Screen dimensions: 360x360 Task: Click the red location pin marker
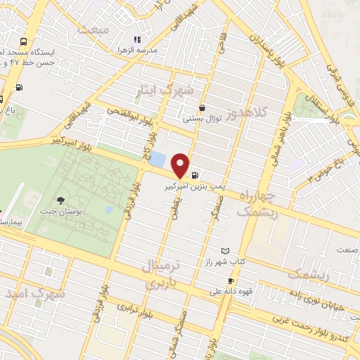181,165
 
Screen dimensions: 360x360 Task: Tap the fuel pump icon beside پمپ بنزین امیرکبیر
194,176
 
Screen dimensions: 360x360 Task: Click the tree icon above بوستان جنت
60,202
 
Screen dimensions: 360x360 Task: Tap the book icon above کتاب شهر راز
225,251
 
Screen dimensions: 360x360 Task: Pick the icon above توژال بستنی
202,108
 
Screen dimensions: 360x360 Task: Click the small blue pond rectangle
157,160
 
